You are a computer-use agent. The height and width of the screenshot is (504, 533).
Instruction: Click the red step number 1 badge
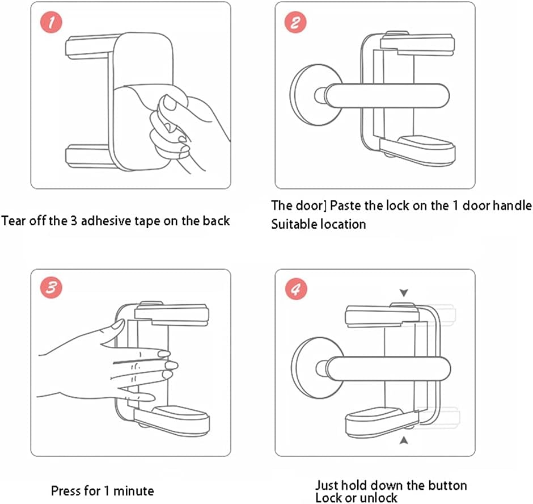coord(52,23)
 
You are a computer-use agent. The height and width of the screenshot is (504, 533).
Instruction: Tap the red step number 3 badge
coord(52,287)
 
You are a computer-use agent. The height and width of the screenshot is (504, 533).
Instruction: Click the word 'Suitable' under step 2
coord(295,224)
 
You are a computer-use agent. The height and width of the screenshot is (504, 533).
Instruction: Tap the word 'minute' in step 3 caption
coord(136,490)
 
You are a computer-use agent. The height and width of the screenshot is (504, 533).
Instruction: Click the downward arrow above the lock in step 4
coord(404,293)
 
